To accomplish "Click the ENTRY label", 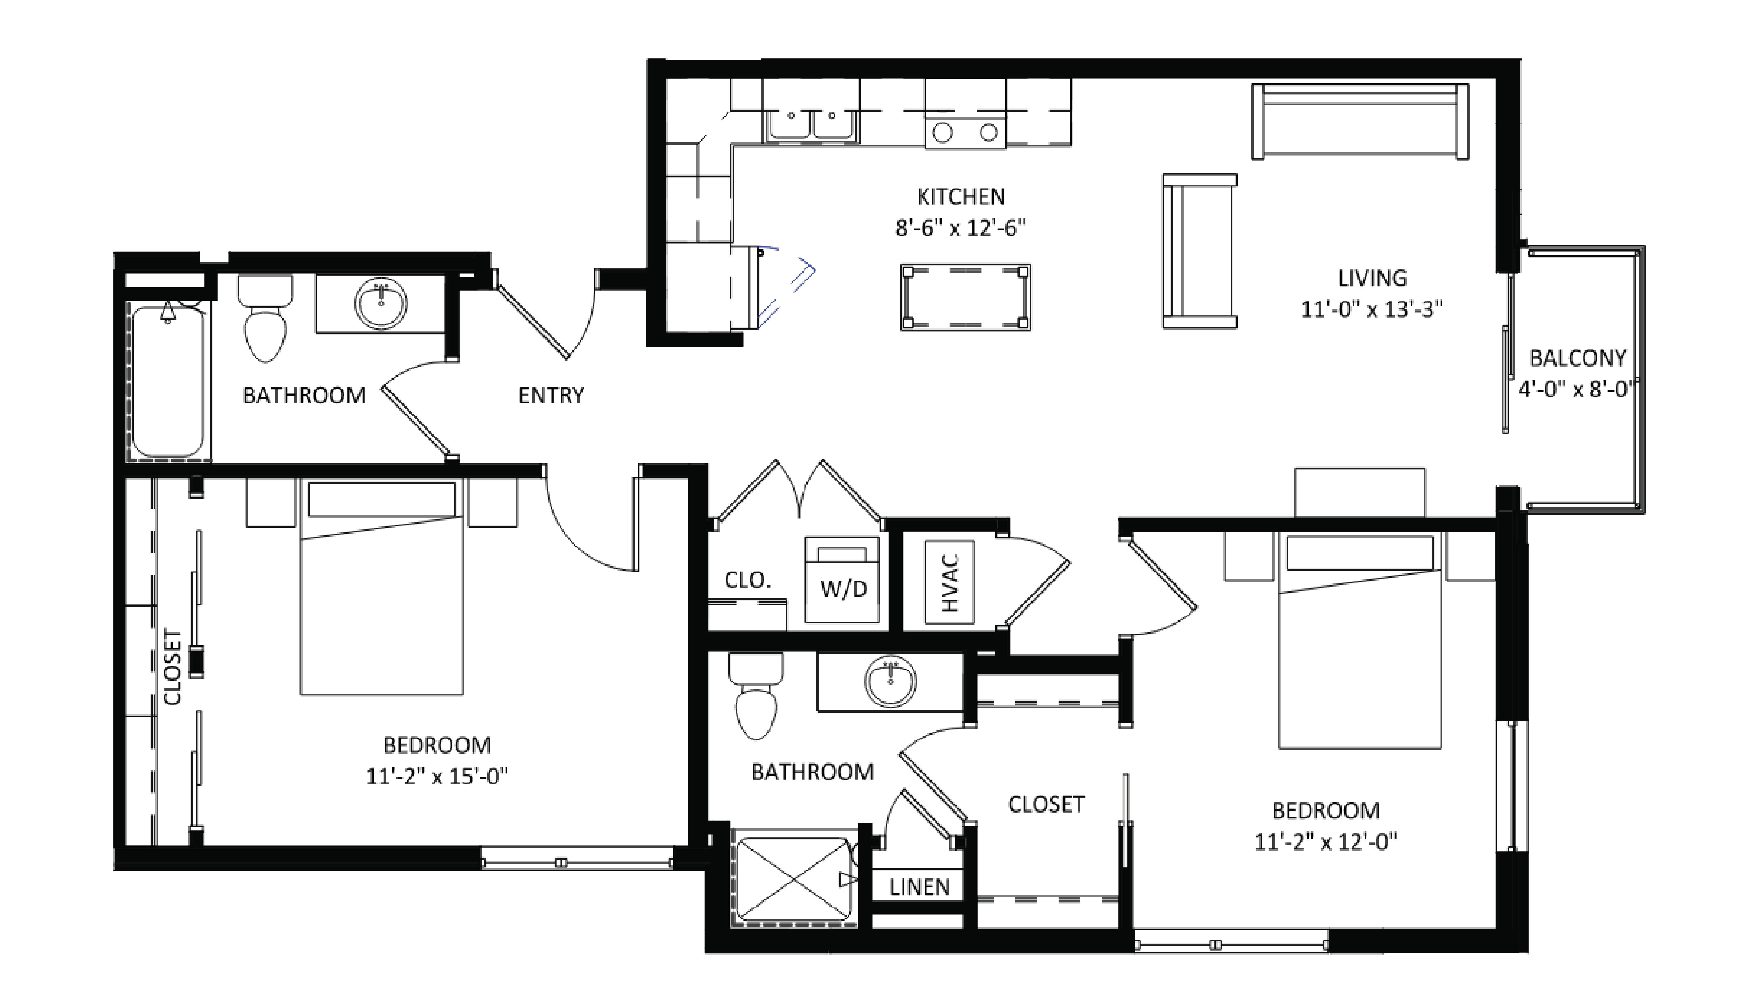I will coord(551,395).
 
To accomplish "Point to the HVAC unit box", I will coord(949,582).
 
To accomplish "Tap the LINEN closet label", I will coord(919,887).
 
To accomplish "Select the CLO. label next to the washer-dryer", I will coord(747,580).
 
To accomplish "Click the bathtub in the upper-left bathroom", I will coord(167,381).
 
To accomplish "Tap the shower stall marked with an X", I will coord(794,877).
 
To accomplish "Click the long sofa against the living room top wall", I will coord(1360,122).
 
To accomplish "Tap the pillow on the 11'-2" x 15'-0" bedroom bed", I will coord(381,499).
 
